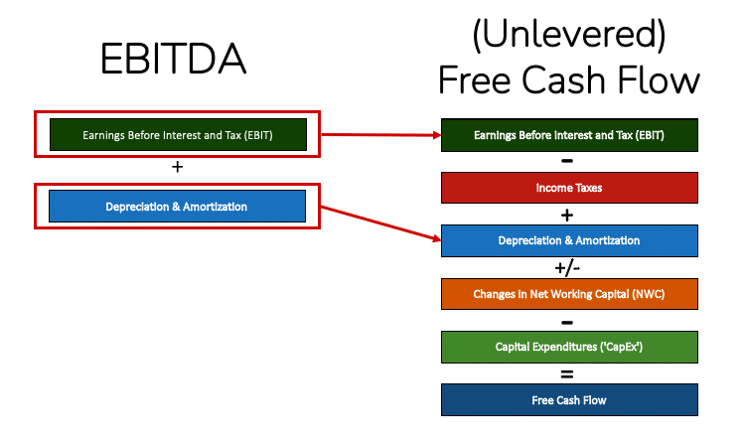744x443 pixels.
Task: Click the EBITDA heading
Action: [x=173, y=61]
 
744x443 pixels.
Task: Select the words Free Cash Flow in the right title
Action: [x=569, y=78]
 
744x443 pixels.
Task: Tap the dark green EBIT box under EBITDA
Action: [x=178, y=134]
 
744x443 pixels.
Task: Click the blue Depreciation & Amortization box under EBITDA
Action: [x=178, y=207]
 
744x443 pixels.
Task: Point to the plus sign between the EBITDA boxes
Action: [x=178, y=168]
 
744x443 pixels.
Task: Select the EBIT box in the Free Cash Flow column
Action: [x=569, y=134]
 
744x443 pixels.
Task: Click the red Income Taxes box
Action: [x=569, y=187]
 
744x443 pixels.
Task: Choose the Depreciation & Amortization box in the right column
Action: [x=569, y=240]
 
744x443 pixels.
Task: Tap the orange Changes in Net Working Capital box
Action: [x=569, y=293]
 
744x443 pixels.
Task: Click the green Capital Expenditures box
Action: [x=569, y=347]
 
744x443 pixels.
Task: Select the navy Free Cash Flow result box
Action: [x=569, y=400]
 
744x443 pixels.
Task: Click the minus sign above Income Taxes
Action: [x=567, y=160]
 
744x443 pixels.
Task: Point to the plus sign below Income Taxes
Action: [x=567, y=214]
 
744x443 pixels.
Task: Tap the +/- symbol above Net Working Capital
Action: [x=567, y=267]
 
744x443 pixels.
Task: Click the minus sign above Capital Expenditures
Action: [x=567, y=321]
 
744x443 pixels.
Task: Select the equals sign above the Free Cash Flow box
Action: [x=567, y=373]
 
